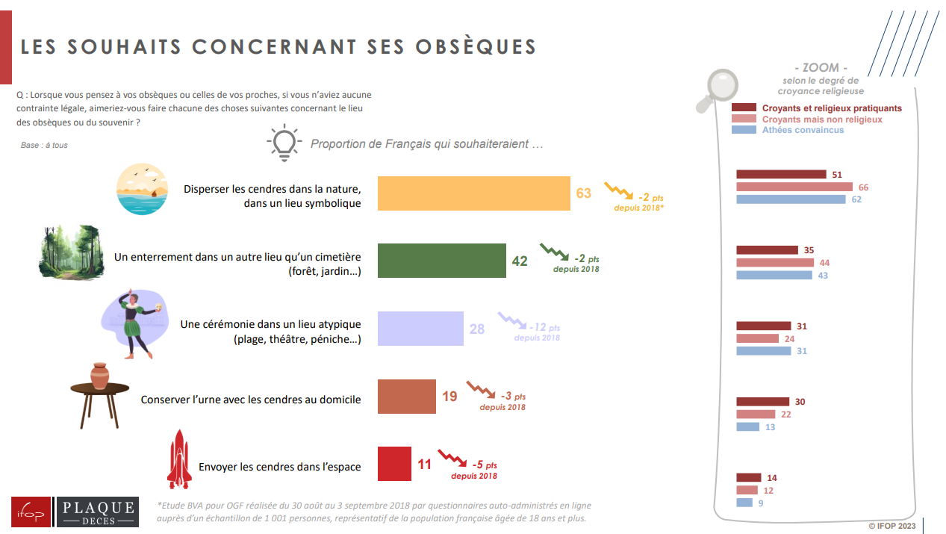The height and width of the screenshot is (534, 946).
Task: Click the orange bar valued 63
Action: coord(474,193)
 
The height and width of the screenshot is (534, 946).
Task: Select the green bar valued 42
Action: coord(442,261)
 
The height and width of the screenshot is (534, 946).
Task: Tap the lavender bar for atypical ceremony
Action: coord(420,329)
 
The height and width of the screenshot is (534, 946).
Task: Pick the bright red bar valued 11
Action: coord(394,464)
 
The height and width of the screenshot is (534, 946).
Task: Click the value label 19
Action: coord(449,397)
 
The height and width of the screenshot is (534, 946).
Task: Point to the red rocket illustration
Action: coord(179,459)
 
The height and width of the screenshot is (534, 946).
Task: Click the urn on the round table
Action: coord(99,376)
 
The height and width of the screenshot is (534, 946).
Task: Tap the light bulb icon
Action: coord(284,143)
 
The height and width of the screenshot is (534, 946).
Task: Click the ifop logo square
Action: coord(31,512)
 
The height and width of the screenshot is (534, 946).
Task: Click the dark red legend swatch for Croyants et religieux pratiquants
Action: coord(744,108)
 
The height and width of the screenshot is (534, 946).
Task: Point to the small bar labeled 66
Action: coord(794,187)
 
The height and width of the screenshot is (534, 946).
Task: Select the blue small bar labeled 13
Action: coord(748,426)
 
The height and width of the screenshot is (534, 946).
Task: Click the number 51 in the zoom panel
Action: coord(837,175)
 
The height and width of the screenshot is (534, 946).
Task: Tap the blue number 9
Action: coord(761,503)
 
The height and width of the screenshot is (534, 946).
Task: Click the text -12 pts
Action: coord(544,327)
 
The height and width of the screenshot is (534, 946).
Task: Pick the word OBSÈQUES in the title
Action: coord(476,46)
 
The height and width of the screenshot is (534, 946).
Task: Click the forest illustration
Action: coord(72,252)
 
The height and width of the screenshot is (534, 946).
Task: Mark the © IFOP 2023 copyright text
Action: coord(892,526)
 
